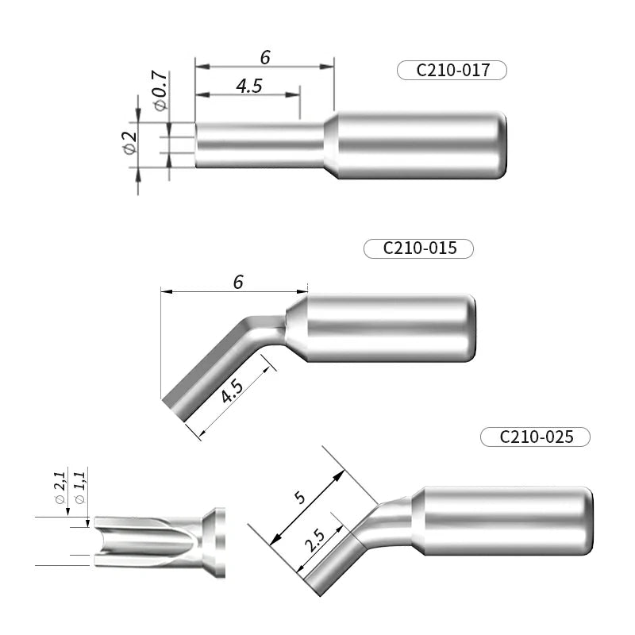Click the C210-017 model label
[x=451, y=70]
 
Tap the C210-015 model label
[x=418, y=248]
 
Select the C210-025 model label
[x=536, y=436]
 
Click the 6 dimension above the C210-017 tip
[x=265, y=57]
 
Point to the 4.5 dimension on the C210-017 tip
[x=248, y=86]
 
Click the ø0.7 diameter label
[x=159, y=90]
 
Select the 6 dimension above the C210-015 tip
[x=237, y=282]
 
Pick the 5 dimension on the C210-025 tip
[x=299, y=498]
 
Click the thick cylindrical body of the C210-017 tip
[x=421, y=144]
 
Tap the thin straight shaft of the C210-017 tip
[x=258, y=144]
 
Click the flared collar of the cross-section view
[x=214, y=542]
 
